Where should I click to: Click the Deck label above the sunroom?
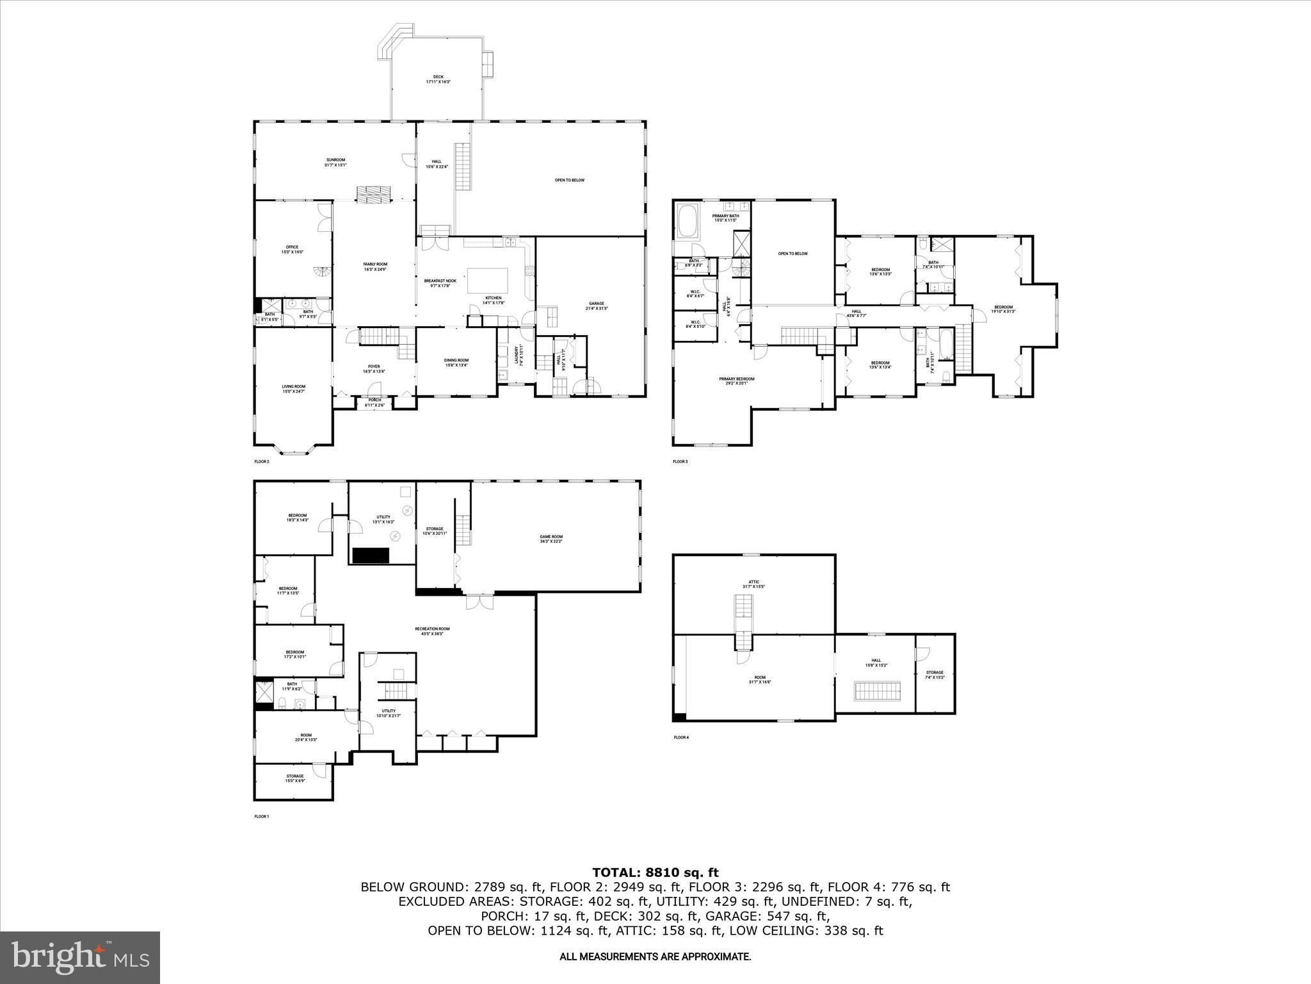438,79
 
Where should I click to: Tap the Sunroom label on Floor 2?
335,163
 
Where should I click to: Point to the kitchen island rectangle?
488,281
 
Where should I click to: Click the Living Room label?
294,388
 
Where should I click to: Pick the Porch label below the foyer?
374,402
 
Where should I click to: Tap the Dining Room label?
456,363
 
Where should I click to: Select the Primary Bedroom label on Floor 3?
736,381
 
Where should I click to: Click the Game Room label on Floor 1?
551,539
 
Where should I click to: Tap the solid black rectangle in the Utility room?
371,555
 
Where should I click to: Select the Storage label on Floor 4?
935,675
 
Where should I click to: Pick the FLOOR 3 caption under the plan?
680,461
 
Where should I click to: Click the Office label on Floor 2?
292,249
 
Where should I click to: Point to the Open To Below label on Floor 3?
792,254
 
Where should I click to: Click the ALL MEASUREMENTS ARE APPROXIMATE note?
655,956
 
